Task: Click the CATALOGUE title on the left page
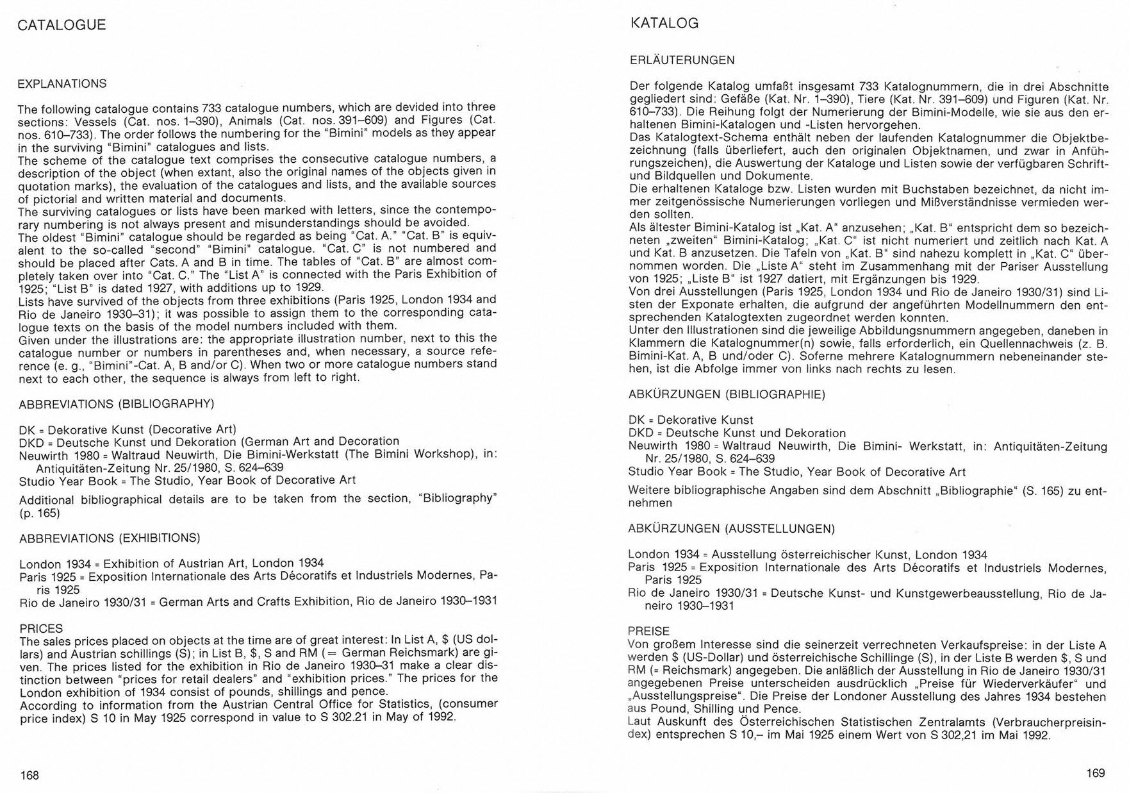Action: point(62,25)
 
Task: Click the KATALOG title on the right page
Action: point(664,24)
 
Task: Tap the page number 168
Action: point(29,775)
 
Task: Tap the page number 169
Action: point(1096,773)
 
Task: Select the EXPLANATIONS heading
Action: point(62,84)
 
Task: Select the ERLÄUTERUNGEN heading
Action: point(682,60)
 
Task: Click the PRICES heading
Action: point(41,628)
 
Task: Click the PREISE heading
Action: point(648,631)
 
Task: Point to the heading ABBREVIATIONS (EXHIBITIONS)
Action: point(110,538)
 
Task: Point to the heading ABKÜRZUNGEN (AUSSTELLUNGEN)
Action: point(731,529)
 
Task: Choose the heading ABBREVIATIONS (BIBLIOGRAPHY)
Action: point(116,404)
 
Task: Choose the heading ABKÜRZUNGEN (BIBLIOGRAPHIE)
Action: point(727,394)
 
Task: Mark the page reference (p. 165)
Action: point(40,513)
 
